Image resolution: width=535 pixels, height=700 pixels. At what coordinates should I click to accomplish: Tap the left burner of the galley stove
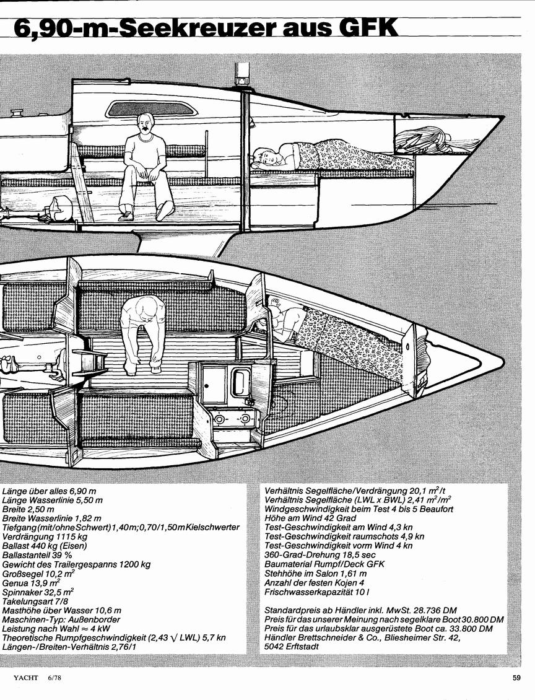click(x=220, y=419)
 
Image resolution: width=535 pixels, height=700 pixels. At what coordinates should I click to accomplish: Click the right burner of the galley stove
click(x=245, y=419)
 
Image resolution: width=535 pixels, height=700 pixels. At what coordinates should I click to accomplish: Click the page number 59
click(x=516, y=678)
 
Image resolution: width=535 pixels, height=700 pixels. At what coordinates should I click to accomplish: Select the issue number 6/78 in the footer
click(x=53, y=678)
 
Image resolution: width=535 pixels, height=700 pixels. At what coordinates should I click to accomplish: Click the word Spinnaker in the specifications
click(x=20, y=592)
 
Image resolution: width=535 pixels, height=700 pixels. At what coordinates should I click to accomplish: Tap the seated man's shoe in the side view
click(x=125, y=217)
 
